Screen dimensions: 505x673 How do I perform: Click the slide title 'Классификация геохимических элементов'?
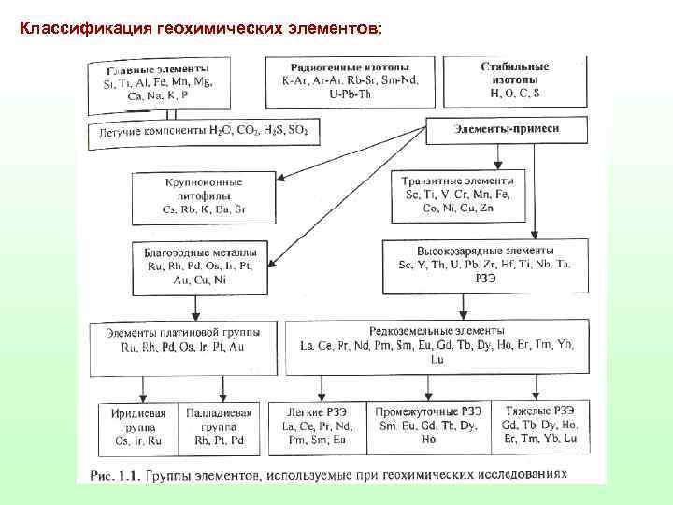coord(201,28)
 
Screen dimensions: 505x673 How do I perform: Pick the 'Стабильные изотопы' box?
coord(514,80)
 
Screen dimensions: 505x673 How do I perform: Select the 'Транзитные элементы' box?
coord(455,194)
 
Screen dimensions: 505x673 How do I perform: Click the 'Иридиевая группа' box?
coord(137,426)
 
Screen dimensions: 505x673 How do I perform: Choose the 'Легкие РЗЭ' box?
coord(318,426)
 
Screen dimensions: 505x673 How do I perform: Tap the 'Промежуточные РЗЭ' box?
coord(429,426)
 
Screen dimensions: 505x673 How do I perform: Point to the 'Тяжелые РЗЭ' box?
coord(539,426)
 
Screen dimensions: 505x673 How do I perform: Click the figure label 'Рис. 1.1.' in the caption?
coord(114,475)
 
